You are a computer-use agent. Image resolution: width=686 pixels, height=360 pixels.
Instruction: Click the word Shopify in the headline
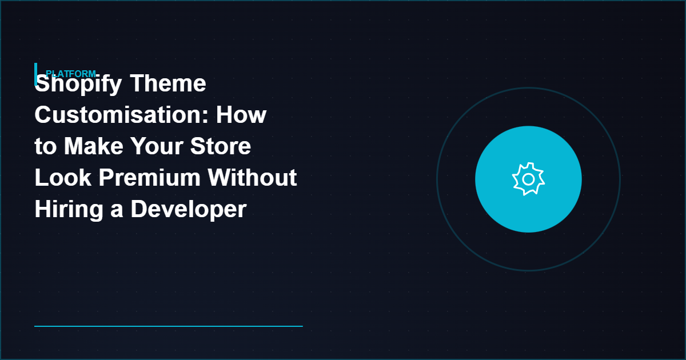coord(78,85)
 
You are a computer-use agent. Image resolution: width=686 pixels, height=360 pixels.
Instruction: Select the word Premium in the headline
coord(150,178)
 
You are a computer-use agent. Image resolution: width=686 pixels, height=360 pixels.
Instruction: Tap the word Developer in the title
coord(189,210)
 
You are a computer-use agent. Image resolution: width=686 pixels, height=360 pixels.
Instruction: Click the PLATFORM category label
coord(70,74)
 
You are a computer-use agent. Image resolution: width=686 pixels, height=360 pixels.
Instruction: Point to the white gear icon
coord(528,179)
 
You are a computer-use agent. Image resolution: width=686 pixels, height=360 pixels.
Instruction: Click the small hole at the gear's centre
coord(528,179)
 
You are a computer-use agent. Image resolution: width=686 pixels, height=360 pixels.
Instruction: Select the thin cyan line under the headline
coord(168,326)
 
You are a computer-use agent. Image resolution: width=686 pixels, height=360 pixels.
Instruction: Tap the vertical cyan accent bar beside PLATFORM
coord(36,73)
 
